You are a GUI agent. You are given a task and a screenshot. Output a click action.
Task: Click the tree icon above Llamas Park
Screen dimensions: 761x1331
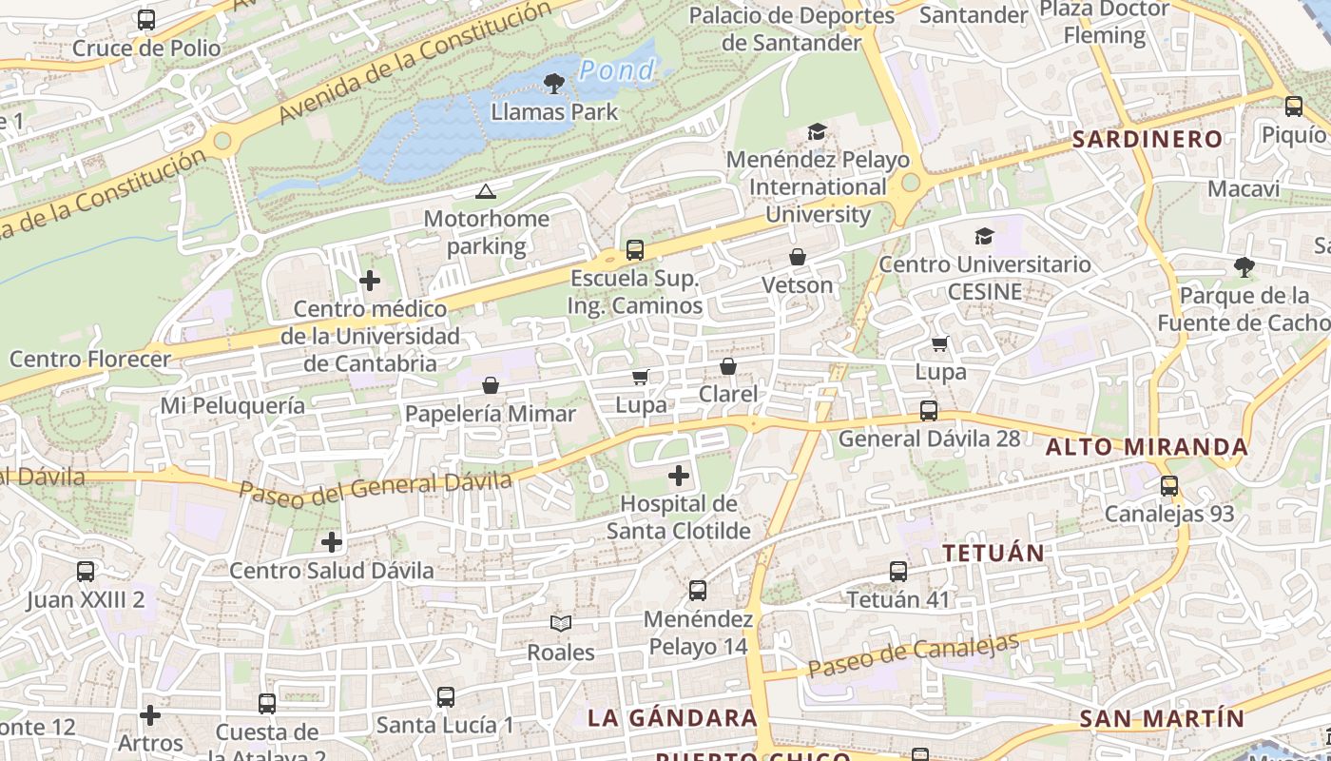click(x=553, y=84)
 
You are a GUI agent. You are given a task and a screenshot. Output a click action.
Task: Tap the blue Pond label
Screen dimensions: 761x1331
click(x=617, y=70)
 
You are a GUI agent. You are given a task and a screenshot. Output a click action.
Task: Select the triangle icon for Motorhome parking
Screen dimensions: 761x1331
click(x=486, y=192)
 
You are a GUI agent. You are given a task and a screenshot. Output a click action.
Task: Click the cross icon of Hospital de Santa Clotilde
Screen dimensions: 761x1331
click(x=679, y=476)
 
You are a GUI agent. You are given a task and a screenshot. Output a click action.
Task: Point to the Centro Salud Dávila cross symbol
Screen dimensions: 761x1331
click(x=331, y=542)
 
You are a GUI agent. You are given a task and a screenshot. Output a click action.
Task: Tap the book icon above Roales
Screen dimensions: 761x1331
click(x=562, y=624)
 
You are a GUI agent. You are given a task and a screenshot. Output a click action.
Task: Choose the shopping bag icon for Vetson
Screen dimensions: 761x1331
click(x=798, y=257)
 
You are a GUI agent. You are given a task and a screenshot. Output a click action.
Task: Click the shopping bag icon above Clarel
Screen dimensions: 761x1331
click(x=728, y=366)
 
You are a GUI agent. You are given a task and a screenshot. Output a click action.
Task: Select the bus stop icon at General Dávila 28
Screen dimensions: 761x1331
click(x=928, y=411)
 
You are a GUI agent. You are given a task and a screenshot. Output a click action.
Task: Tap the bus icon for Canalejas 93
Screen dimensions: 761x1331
click(x=1169, y=485)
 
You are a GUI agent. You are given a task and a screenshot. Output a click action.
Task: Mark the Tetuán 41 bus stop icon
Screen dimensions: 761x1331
click(x=898, y=572)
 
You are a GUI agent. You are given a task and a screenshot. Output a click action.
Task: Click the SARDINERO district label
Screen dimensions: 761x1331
click(x=1148, y=139)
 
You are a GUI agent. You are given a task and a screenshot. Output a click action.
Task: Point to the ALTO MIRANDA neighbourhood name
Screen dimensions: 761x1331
click(x=1147, y=446)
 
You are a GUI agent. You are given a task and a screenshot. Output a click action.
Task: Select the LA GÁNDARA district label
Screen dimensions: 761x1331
click(x=672, y=717)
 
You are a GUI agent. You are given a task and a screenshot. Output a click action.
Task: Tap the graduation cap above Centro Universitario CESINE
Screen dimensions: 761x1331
click(x=984, y=236)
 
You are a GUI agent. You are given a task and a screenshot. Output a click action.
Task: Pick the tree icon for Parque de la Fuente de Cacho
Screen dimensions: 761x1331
click(x=1244, y=267)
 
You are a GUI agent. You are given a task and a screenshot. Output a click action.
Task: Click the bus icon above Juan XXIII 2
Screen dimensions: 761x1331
click(x=86, y=572)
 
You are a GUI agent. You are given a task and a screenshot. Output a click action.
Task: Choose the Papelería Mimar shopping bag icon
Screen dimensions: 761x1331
click(x=491, y=385)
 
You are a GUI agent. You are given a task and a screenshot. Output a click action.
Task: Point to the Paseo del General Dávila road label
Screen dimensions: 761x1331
click(x=376, y=487)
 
